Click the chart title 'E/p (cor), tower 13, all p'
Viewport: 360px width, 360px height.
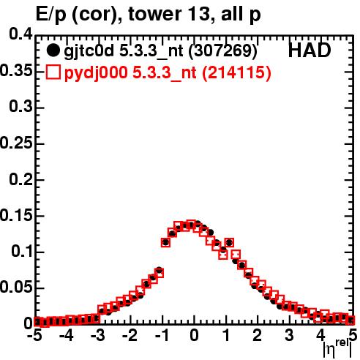148,15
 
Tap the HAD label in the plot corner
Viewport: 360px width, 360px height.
310,50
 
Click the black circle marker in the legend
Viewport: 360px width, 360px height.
53,51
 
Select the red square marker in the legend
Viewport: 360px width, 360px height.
53,72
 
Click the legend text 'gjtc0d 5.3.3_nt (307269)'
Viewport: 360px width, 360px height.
160,51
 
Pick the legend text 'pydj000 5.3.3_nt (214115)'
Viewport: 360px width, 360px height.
168,73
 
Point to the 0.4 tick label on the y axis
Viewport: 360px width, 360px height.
20,34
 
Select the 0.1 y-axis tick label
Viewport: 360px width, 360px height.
21,251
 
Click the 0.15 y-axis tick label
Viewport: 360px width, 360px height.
16,215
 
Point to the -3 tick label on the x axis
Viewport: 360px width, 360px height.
98,335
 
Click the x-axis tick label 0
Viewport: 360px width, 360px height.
194,335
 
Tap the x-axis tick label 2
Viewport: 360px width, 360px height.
258,335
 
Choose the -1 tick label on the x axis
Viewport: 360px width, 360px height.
162,335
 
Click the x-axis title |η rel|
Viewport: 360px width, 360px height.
338,348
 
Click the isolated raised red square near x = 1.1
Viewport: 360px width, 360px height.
229,243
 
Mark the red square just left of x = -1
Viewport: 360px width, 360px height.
159,272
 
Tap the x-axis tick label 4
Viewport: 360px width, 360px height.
320,335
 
